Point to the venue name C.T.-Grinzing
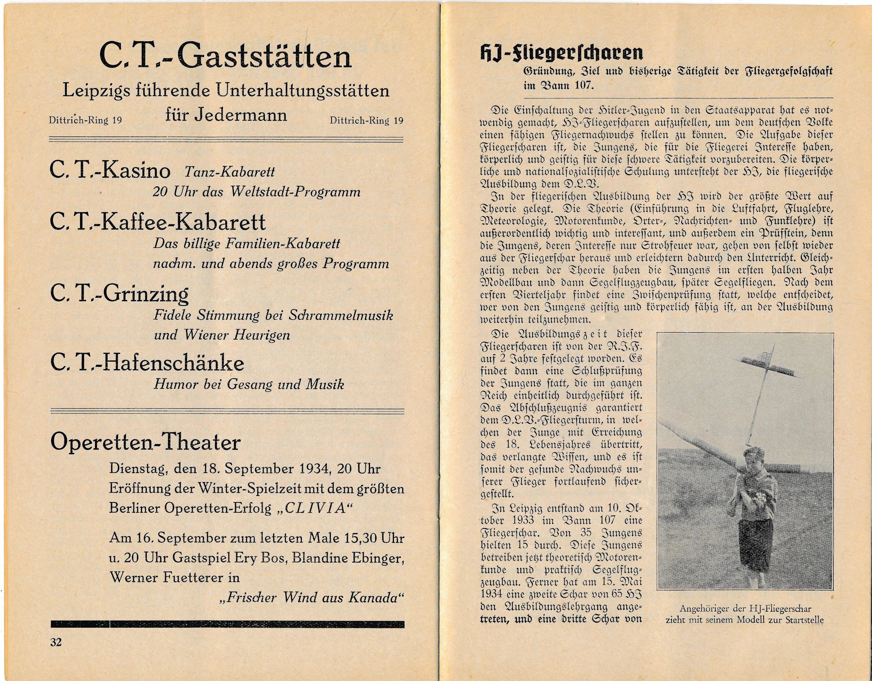[x=119, y=294]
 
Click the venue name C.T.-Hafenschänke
[x=147, y=363]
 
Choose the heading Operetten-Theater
[x=145, y=442]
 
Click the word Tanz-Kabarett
[x=229, y=172]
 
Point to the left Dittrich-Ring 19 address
[x=85, y=120]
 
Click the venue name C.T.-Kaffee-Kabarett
[x=158, y=222]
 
